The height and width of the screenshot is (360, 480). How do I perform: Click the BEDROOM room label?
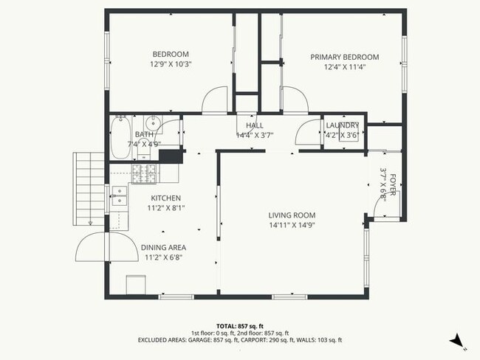click(x=171, y=54)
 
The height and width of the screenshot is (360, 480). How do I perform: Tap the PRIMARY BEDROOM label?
click(x=344, y=57)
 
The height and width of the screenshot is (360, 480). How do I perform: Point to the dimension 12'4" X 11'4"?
click(x=344, y=67)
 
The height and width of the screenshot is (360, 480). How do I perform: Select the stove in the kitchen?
click(x=145, y=174)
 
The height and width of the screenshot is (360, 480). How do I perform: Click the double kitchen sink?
click(x=119, y=195)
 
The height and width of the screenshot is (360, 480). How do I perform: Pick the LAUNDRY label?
click(x=343, y=125)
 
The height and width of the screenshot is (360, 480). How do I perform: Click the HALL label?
click(x=255, y=125)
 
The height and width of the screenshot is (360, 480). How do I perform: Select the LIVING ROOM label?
click(x=292, y=215)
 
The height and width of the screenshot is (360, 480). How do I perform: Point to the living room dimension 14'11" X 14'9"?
click(x=292, y=226)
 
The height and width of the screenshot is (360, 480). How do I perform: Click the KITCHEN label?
click(x=166, y=198)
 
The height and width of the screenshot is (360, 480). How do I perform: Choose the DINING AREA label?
click(x=163, y=247)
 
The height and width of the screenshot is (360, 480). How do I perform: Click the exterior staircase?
click(x=89, y=190)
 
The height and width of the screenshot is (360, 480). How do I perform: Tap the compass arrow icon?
click(x=458, y=340)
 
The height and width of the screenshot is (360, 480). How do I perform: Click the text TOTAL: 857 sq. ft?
click(x=239, y=325)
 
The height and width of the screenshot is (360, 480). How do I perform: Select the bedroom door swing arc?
click(x=216, y=100)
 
